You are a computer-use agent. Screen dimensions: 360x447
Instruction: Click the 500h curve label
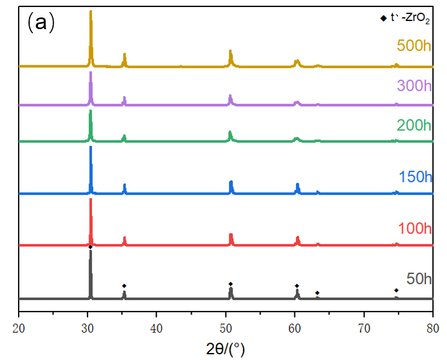click(414, 45)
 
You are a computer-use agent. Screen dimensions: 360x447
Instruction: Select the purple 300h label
click(414, 86)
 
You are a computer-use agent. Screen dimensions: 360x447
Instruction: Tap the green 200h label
click(414, 125)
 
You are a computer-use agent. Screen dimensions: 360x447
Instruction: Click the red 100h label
click(415, 228)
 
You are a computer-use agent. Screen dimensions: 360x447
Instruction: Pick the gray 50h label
click(419, 279)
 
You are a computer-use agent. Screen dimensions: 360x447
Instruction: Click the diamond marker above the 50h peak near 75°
click(396, 290)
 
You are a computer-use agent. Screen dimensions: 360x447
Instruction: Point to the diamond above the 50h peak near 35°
click(124, 285)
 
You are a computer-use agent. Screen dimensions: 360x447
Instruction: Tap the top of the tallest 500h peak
click(90, 12)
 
